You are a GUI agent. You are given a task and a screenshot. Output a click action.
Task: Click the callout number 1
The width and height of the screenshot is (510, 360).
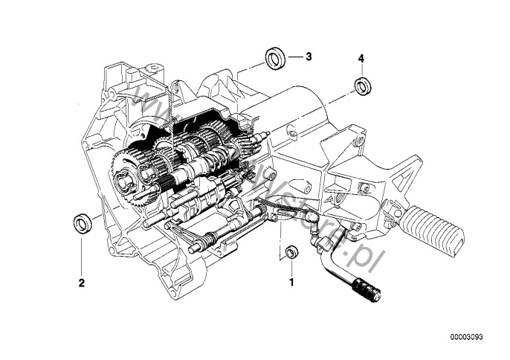click(291, 283)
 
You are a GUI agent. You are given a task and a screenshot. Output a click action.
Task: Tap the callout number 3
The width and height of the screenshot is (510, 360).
click(309, 57)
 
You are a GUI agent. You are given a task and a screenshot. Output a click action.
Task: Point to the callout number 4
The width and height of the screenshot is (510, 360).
click(361, 58)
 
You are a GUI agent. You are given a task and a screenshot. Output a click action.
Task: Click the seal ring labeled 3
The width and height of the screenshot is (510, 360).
click(277, 57)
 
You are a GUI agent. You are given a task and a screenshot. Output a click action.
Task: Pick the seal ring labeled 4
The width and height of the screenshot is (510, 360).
click(363, 86)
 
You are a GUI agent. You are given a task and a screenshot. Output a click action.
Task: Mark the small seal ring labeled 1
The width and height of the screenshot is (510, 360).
click(292, 252)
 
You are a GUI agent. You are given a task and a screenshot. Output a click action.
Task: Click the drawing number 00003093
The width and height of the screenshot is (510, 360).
click(471, 336)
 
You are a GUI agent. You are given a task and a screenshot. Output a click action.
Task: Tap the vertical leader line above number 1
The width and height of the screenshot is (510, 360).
click(291, 269)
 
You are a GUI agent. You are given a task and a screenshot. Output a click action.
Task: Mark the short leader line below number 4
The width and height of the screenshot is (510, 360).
click(362, 70)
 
